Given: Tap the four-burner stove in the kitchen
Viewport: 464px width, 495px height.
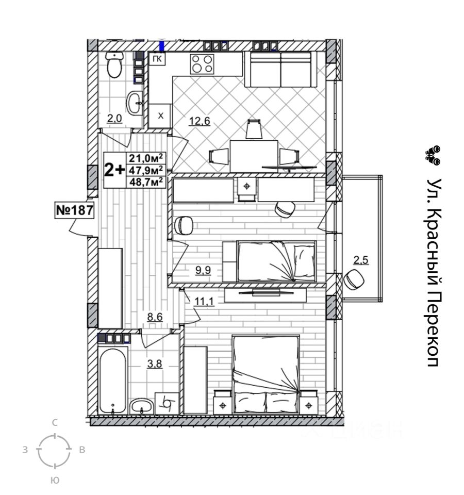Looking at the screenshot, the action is coord(202,63).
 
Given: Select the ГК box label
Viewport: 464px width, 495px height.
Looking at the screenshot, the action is coord(158,60).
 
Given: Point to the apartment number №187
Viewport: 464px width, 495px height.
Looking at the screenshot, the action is coord(74,210).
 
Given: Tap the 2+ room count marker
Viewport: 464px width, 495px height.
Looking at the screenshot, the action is coord(114,170).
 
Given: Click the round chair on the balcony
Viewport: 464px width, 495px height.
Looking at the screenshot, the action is coord(355,279).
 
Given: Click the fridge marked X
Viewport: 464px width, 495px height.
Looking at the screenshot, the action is coord(160,116).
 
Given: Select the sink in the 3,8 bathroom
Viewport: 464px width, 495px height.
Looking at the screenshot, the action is coord(141,405).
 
